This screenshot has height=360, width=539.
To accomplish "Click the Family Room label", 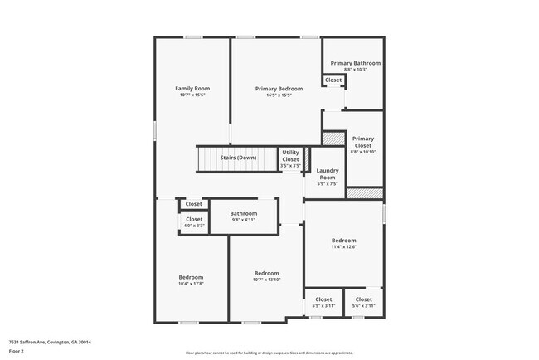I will point(192,89).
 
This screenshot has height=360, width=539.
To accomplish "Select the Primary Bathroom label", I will point(356,63).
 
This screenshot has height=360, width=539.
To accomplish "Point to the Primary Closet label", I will point(363,142).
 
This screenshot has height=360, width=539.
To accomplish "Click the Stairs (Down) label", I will point(238,158).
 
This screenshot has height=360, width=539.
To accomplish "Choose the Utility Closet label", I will point(290,155).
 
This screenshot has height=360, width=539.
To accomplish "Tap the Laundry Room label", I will point(328,174).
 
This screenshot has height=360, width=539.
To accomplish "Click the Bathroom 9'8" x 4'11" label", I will point(244,213).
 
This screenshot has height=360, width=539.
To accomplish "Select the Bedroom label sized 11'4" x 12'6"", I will point(343,241).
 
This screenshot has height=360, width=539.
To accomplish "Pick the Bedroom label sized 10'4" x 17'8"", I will point(191,277).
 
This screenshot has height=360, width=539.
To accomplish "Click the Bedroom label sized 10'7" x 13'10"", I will point(266,274).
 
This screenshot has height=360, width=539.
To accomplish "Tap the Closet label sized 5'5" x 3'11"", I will point(323,299).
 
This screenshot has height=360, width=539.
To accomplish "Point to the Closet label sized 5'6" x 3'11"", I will point(364,299).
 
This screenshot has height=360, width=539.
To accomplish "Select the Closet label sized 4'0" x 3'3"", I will point(194,219).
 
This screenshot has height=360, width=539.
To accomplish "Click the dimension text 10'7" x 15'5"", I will point(192,95).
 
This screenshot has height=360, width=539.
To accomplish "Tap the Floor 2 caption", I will point(17,351).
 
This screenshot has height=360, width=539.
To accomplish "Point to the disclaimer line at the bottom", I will point(269,352).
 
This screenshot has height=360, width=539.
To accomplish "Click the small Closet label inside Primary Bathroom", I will point(333,80).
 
